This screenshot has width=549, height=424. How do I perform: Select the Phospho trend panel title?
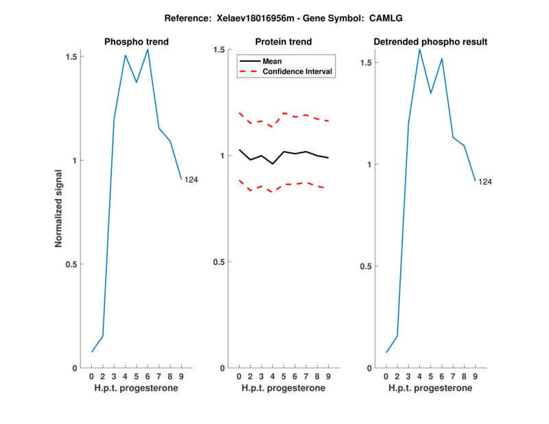click(137, 42)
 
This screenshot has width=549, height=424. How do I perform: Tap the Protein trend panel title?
click(283, 42)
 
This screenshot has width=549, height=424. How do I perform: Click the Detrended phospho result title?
click(430, 42)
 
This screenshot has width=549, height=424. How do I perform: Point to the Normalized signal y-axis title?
click(59, 209)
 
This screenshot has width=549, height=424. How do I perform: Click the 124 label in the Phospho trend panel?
click(191, 180)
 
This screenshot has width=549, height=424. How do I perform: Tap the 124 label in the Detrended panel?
click(485, 182)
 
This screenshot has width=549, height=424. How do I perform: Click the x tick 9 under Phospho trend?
click(181, 377)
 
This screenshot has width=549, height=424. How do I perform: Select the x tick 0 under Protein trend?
click(239, 377)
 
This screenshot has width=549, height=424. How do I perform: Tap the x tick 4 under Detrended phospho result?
click(419, 377)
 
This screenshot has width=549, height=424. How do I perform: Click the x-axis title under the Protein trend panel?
click(283, 388)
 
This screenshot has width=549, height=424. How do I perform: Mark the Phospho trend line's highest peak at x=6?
click(148, 49)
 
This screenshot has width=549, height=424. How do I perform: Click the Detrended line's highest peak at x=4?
click(419, 49)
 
